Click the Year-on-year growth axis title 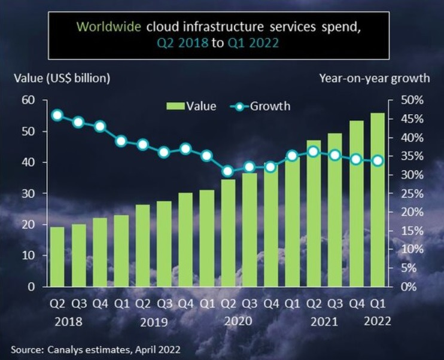click(x=374, y=78)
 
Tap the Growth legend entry click(x=262, y=106)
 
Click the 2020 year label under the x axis click(x=238, y=321)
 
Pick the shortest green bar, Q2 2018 click(x=57, y=257)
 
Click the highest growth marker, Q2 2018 click(x=57, y=115)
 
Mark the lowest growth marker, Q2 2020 click(x=227, y=171)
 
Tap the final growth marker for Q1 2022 click(x=378, y=160)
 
